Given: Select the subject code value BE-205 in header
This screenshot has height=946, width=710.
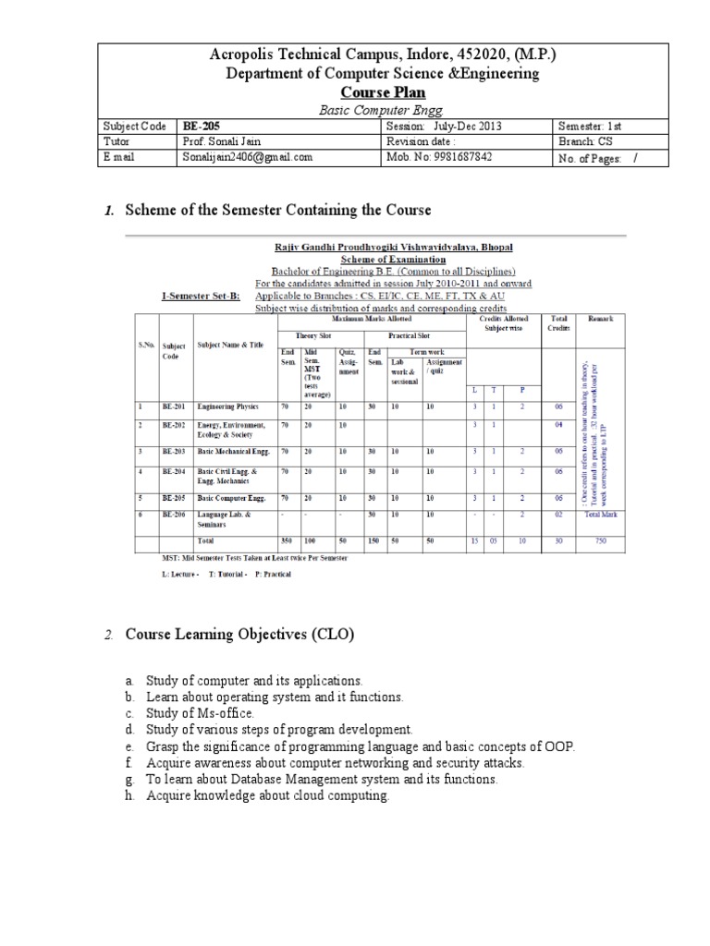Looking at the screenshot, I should click(202, 126).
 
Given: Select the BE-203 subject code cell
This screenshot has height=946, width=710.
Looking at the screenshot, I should click(174, 451).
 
